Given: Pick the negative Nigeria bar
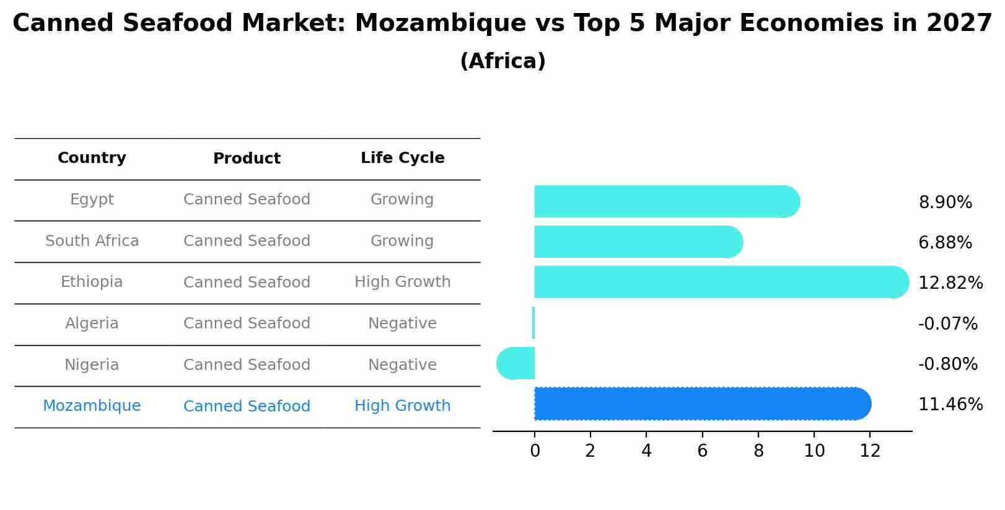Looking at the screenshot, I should click(516, 363).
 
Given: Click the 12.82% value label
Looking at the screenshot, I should click(950, 283).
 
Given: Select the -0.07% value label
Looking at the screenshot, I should click(947, 323).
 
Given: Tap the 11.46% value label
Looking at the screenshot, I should click(950, 405).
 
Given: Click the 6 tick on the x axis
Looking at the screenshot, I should click(702, 451).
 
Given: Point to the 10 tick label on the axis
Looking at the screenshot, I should click(814, 451).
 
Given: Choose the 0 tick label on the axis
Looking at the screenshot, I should click(535, 451).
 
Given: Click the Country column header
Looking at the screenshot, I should click(92, 158).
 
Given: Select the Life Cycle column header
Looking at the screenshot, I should click(402, 158).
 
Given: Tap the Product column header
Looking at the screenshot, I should click(247, 159).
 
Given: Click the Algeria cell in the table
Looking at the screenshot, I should click(92, 323).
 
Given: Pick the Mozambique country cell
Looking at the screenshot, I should click(92, 406).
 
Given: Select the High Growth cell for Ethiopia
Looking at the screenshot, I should click(402, 282).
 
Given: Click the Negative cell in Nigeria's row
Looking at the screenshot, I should click(402, 365).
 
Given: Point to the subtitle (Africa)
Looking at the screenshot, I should click(502, 61).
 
